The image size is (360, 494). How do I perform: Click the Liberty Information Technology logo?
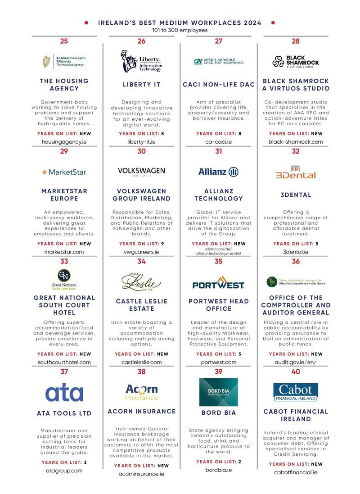click(x=141, y=61)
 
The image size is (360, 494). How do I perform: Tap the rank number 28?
click(x=296, y=41)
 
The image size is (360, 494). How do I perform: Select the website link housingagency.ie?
click(x=64, y=141)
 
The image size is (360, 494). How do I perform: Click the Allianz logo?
click(x=218, y=172)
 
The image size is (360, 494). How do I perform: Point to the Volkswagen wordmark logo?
click(x=141, y=171)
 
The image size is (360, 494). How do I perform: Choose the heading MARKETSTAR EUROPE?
click(x=64, y=195)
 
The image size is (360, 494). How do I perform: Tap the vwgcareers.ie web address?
click(x=141, y=252)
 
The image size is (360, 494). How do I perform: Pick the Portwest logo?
click(x=218, y=283)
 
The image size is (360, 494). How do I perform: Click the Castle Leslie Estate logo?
click(x=141, y=282)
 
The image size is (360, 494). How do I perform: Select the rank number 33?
click(x=64, y=262)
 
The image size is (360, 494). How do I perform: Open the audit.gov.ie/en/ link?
click(x=296, y=362)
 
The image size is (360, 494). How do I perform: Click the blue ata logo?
click(x=64, y=392)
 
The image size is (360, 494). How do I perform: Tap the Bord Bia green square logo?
click(x=218, y=392)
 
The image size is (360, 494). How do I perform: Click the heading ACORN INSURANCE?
click(x=141, y=411)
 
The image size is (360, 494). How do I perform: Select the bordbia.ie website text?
click(x=218, y=470)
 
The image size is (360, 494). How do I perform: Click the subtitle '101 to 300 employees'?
click(x=180, y=30)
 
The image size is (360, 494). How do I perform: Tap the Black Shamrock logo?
click(x=296, y=61)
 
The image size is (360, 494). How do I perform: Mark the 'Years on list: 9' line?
click(x=141, y=244)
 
